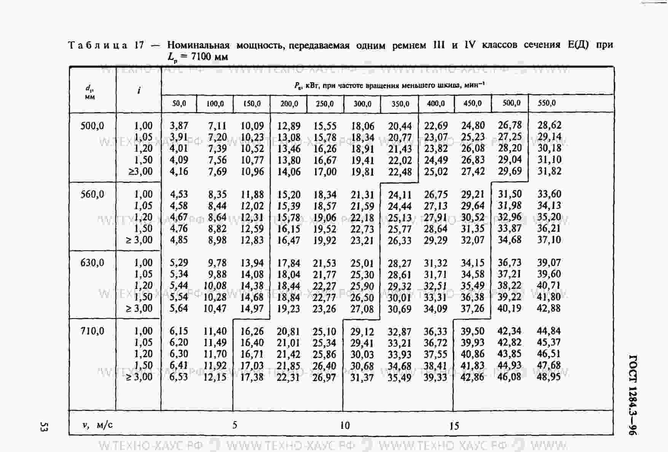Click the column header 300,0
[362, 104]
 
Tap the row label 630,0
[92, 263]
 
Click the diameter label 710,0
[92, 331]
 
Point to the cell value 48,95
[548, 377]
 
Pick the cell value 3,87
[179, 126]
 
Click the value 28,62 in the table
[549, 125]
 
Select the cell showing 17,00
[325, 171]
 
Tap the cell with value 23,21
[362, 240]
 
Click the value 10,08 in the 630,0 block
[215, 285]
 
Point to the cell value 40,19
[509, 308]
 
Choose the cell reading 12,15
[215, 377]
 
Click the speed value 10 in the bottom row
[345, 425]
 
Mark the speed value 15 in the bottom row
[454, 426]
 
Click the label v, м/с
[97, 425]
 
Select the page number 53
[43, 427]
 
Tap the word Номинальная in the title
[198, 46]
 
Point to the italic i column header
[139, 90]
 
